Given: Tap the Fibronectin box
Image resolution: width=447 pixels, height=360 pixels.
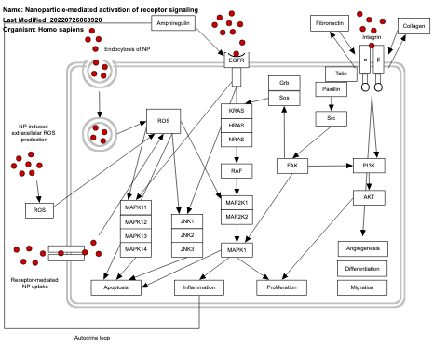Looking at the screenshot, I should tap(328, 21).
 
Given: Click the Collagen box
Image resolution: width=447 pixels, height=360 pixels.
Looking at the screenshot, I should tap(413, 26).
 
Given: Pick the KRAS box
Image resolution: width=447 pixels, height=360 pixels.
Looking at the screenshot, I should tap(237, 110).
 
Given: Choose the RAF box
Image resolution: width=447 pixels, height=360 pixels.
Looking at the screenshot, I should tap(237, 170).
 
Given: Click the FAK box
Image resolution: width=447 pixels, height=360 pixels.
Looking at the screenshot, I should tap(292, 166).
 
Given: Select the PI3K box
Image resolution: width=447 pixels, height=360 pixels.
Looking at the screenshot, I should tap(369, 166).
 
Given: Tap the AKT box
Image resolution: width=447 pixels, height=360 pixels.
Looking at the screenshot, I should tap(369, 197).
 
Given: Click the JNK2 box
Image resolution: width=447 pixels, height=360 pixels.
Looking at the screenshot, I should tap(187, 235).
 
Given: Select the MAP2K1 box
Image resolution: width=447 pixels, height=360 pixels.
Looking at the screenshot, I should tap(237, 202).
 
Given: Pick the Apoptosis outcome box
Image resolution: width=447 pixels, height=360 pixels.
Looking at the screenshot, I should tap(116, 288).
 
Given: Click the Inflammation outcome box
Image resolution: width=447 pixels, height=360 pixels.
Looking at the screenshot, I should tap(199, 288).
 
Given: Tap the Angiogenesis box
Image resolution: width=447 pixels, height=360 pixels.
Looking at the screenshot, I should tap(362, 247).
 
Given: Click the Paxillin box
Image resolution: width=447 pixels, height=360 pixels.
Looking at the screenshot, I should tap(331, 89).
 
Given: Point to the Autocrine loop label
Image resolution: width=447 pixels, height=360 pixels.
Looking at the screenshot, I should tap(92, 337).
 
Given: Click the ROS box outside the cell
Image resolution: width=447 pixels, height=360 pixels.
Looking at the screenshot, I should tap(39, 210).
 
